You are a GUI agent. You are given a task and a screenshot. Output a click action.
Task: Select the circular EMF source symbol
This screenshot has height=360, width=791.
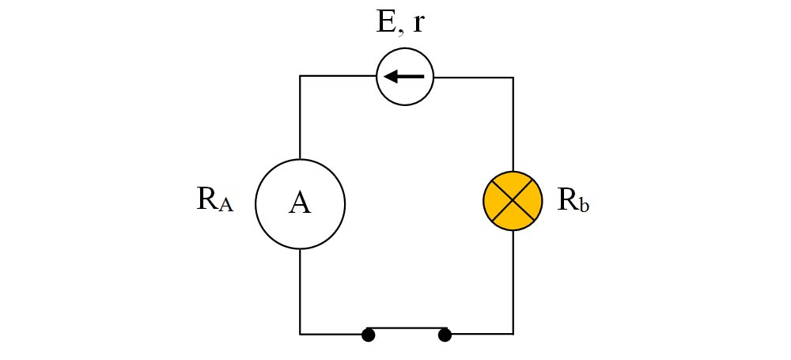coord(404,77)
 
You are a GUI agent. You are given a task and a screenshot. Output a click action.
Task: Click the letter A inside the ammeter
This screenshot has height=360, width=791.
coord(300,203)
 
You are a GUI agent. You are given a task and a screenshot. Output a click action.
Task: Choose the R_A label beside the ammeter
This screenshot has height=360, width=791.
coord(215,200)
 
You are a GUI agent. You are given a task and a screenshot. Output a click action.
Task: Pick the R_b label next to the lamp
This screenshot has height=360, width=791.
coord(573,200)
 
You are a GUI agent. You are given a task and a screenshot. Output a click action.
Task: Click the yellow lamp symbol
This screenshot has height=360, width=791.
coord(513,200)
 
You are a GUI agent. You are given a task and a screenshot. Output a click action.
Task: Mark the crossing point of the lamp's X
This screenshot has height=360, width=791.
coord(513,200)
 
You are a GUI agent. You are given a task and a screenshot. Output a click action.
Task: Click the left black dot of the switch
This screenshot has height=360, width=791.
coord(369,335)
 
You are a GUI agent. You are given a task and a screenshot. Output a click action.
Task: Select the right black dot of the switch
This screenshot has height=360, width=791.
coord(445,335)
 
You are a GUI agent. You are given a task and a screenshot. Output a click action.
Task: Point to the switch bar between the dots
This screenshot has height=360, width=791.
coord(407,328)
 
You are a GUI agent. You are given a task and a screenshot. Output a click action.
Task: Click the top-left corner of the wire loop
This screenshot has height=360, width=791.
coord(300,76)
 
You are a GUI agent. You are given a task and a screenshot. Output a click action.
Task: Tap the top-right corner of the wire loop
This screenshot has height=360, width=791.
coord(513,78)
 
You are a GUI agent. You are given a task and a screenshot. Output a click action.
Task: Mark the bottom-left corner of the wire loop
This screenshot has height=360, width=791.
coord(300,334)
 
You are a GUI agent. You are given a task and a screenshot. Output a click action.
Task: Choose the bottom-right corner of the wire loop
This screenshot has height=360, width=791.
coord(513,334)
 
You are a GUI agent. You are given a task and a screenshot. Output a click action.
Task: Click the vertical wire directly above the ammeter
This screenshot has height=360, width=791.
coord(300,118)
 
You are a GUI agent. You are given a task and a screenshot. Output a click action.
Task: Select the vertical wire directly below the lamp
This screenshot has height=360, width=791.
coord(513,282)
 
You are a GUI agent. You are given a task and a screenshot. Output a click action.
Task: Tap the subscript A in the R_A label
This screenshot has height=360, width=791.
coord(226,205)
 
